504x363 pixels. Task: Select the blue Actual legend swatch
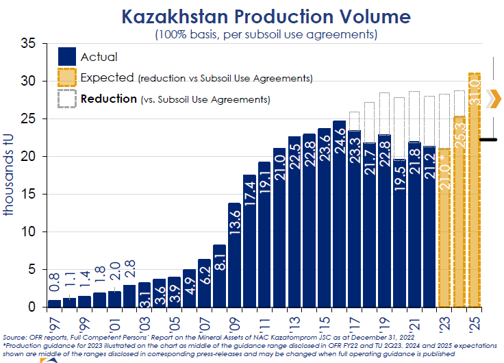pos(67,56)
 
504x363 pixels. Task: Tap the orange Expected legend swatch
pos(67,77)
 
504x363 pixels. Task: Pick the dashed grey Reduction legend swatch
pos(67,99)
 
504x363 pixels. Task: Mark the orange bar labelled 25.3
pos(459,212)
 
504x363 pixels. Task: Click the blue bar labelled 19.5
pos(400,233)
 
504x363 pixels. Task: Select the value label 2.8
pos(129,266)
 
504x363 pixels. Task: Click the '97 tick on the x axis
pos(54,321)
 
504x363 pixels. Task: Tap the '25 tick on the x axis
pos(475,321)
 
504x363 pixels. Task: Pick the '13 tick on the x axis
pos(294,321)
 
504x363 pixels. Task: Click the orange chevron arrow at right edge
pos(493,99)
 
